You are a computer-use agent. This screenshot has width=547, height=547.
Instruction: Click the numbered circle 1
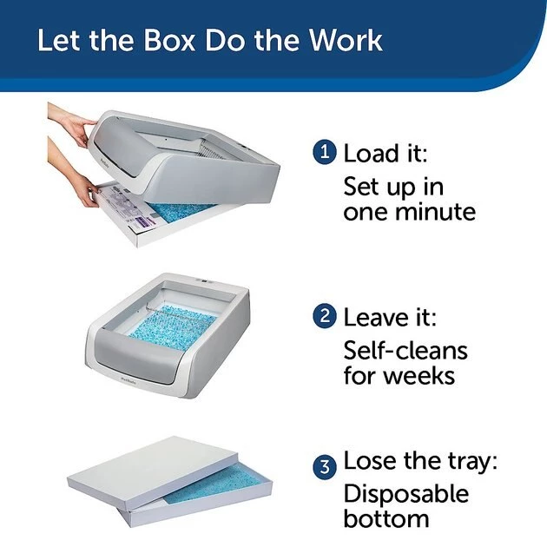(x=324, y=153)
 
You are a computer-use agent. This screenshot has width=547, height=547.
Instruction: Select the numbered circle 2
(x=324, y=315)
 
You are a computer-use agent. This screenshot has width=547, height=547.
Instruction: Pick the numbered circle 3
(x=324, y=465)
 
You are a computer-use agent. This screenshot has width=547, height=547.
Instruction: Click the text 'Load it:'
(x=386, y=154)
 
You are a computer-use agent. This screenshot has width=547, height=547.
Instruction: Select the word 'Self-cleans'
(x=405, y=350)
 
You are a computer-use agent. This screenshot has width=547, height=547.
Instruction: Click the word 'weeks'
(x=422, y=377)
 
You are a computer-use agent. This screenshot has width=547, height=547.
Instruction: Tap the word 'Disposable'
(x=405, y=494)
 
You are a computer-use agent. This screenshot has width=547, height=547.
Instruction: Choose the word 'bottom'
(x=386, y=519)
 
